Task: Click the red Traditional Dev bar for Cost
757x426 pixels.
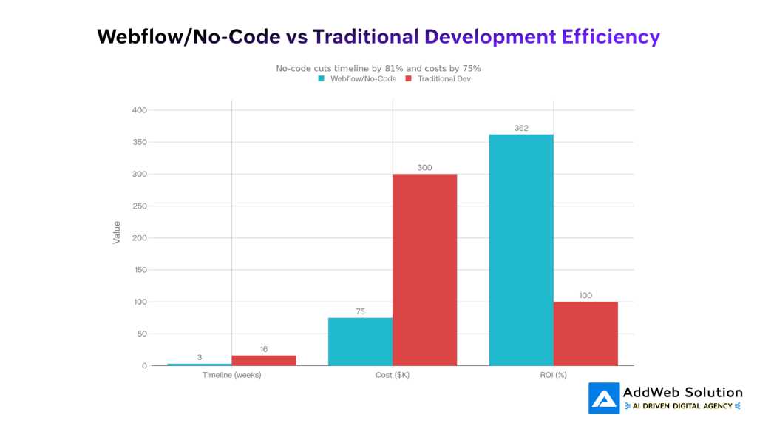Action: [x=424, y=270]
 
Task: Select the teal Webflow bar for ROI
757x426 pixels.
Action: [x=521, y=250]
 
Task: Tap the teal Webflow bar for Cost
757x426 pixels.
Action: [x=360, y=342]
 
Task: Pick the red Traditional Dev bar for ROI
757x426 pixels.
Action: [x=585, y=334]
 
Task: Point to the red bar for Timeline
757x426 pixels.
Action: [x=264, y=360]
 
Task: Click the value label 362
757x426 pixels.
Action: [x=521, y=128]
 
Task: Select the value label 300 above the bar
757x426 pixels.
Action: [x=424, y=168]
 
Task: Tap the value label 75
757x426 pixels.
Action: [x=360, y=311]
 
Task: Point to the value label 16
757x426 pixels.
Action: [x=264, y=349]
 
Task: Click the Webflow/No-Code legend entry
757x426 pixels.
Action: [x=357, y=78]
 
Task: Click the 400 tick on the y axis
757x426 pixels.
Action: [x=139, y=110]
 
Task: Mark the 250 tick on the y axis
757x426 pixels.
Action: [x=139, y=206]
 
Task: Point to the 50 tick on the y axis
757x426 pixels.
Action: [x=141, y=334]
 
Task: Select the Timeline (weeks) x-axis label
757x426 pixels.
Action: [x=231, y=375]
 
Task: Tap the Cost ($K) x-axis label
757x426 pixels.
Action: [x=393, y=375]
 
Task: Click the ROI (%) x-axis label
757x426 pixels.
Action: [x=553, y=375]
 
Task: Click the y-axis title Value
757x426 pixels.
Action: [x=116, y=233]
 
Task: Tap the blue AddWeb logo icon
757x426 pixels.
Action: [x=604, y=398]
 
